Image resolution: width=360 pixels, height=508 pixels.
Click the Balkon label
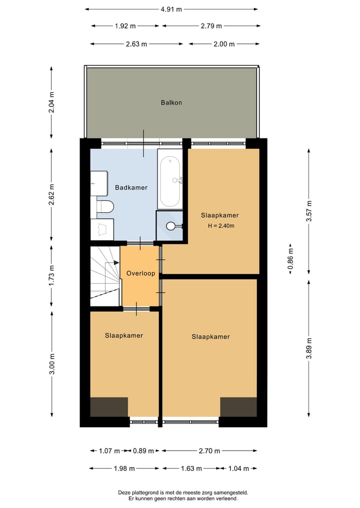(x=171, y=102)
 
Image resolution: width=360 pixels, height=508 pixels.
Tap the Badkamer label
(x=131, y=188)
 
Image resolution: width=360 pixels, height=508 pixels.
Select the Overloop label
(x=140, y=274)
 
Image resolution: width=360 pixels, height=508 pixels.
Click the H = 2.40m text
(x=221, y=226)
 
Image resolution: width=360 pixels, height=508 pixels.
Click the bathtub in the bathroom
(x=170, y=181)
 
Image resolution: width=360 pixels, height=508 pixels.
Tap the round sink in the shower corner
(x=171, y=226)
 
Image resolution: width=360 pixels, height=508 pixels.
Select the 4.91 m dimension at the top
(x=171, y=9)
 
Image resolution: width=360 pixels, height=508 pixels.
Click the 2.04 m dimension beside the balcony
(x=52, y=103)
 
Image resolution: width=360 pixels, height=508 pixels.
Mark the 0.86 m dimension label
(x=290, y=259)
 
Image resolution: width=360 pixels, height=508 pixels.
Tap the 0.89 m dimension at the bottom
(x=142, y=451)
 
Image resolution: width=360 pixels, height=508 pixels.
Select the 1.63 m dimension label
(x=191, y=469)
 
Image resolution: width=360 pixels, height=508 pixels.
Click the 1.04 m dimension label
(x=238, y=469)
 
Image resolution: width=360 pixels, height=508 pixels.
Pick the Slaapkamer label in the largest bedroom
(x=210, y=337)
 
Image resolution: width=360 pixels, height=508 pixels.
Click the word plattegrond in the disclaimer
(x=144, y=493)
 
